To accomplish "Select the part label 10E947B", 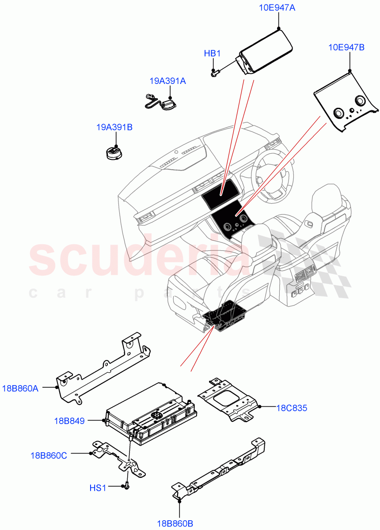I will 346,47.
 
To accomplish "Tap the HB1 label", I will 212,53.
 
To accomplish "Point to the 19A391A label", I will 167,81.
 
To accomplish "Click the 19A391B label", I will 114,127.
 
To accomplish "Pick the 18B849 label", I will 69,421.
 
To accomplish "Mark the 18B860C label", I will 49,455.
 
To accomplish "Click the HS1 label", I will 98,488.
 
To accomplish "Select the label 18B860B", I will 175,524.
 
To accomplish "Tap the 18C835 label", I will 292,408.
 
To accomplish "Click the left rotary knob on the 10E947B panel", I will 339,113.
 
